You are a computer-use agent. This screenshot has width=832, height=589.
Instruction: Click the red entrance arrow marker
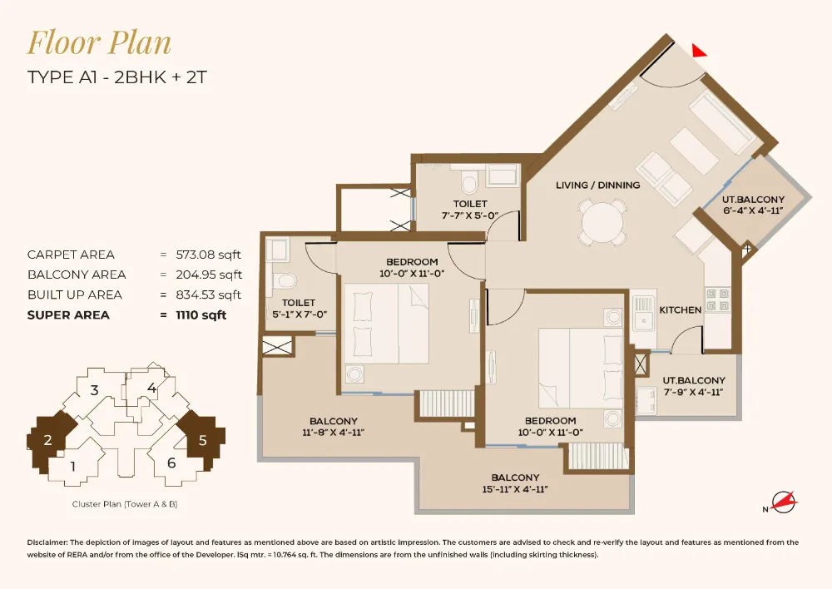(x=700, y=50)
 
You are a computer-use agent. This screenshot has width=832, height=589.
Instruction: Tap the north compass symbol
(x=783, y=502)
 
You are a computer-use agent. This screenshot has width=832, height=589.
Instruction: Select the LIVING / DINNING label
(x=597, y=185)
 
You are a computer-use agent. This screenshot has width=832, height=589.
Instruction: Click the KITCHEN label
(x=681, y=309)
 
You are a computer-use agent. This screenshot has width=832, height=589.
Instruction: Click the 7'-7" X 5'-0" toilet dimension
(x=470, y=215)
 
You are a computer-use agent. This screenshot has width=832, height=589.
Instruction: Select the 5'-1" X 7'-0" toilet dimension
(x=298, y=314)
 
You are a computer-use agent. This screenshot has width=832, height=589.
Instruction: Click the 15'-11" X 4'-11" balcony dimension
(x=515, y=489)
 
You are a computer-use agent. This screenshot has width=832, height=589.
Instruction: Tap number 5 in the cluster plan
(x=201, y=441)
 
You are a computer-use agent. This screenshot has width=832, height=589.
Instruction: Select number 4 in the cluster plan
(x=151, y=388)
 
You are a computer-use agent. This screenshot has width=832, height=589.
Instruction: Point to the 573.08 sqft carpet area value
(x=208, y=255)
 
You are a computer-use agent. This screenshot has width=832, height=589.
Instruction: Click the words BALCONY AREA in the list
(x=77, y=275)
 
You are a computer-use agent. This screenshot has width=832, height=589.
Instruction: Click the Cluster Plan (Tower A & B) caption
(x=125, y=504)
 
